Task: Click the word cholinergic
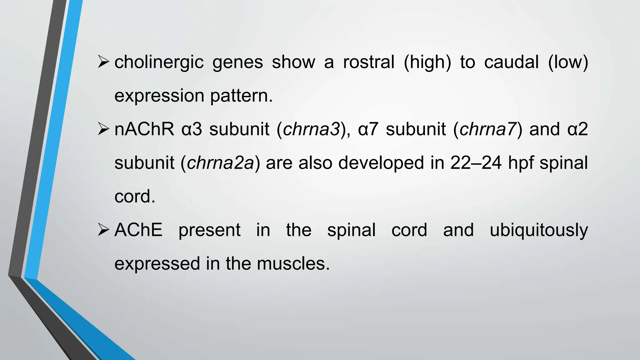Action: (x=159, y=62)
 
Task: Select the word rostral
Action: (x=368, y=62)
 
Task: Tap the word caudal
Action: (x=511, y=62)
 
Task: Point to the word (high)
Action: (x=427, y=62)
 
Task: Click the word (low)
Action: (x=568, y=62)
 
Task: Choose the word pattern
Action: (x=241, y=96)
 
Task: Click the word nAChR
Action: (x=144, y=129)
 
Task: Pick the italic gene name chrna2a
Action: (x=220, y=163)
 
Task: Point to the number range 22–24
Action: (x=476, y=163)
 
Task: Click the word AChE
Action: (x=138, y=230)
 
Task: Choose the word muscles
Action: (x=293, y=263)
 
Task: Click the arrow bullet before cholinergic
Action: (x=103, y=62)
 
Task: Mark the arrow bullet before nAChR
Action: (x=103, y=129)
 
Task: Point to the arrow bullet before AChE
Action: (x=103, y=230)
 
